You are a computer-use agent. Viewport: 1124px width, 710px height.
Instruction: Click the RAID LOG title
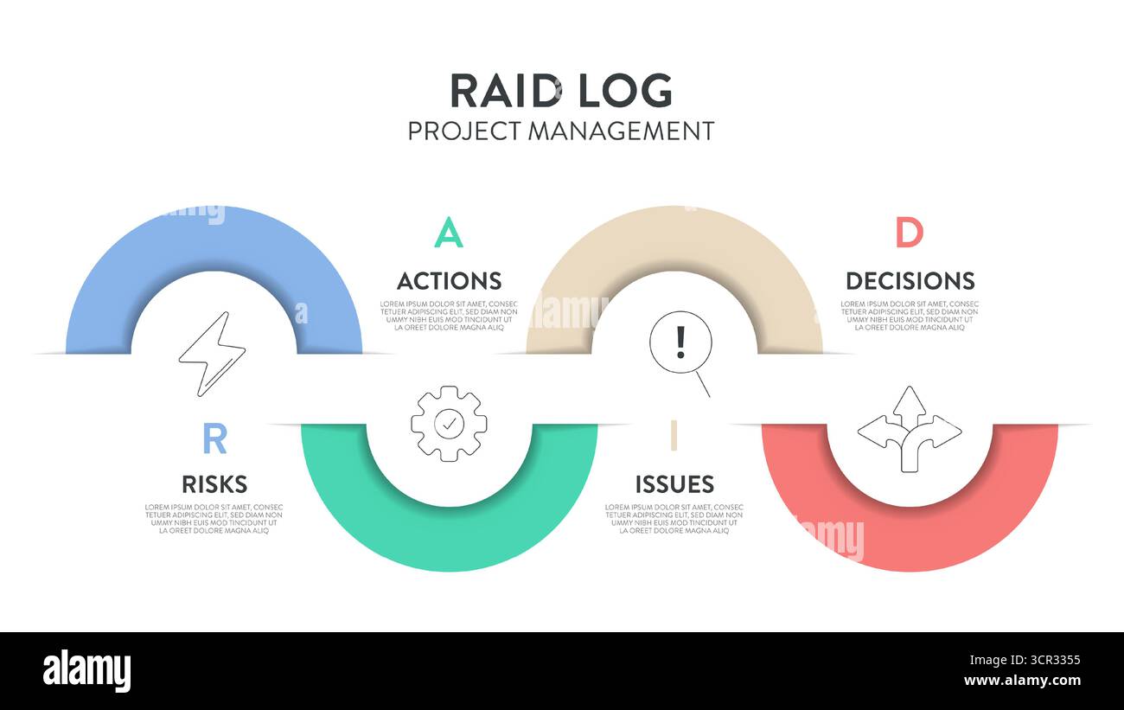(560, 90)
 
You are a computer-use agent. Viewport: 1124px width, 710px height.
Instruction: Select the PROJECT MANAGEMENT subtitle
(560, 131)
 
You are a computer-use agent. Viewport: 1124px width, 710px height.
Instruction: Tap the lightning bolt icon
(212, 354)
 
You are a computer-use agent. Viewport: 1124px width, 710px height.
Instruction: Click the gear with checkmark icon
(448, 423)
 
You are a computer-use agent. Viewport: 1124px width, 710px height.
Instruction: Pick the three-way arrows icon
(909, 428)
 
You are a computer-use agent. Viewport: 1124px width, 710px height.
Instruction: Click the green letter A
(448, 233)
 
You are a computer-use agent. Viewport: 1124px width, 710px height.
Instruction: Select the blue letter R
(214, 439)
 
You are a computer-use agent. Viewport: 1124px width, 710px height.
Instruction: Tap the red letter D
(909, 233)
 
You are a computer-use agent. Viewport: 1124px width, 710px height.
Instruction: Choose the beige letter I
(674, 436)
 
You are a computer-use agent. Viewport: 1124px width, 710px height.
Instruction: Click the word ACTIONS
(449, 281)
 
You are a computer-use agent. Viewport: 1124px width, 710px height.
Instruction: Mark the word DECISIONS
(910, 281)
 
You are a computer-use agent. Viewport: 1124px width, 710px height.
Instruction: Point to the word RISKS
(214, 484)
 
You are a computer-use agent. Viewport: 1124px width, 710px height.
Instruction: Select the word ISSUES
(674, 484)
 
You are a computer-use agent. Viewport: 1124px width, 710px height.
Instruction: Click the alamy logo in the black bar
(86, 672)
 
